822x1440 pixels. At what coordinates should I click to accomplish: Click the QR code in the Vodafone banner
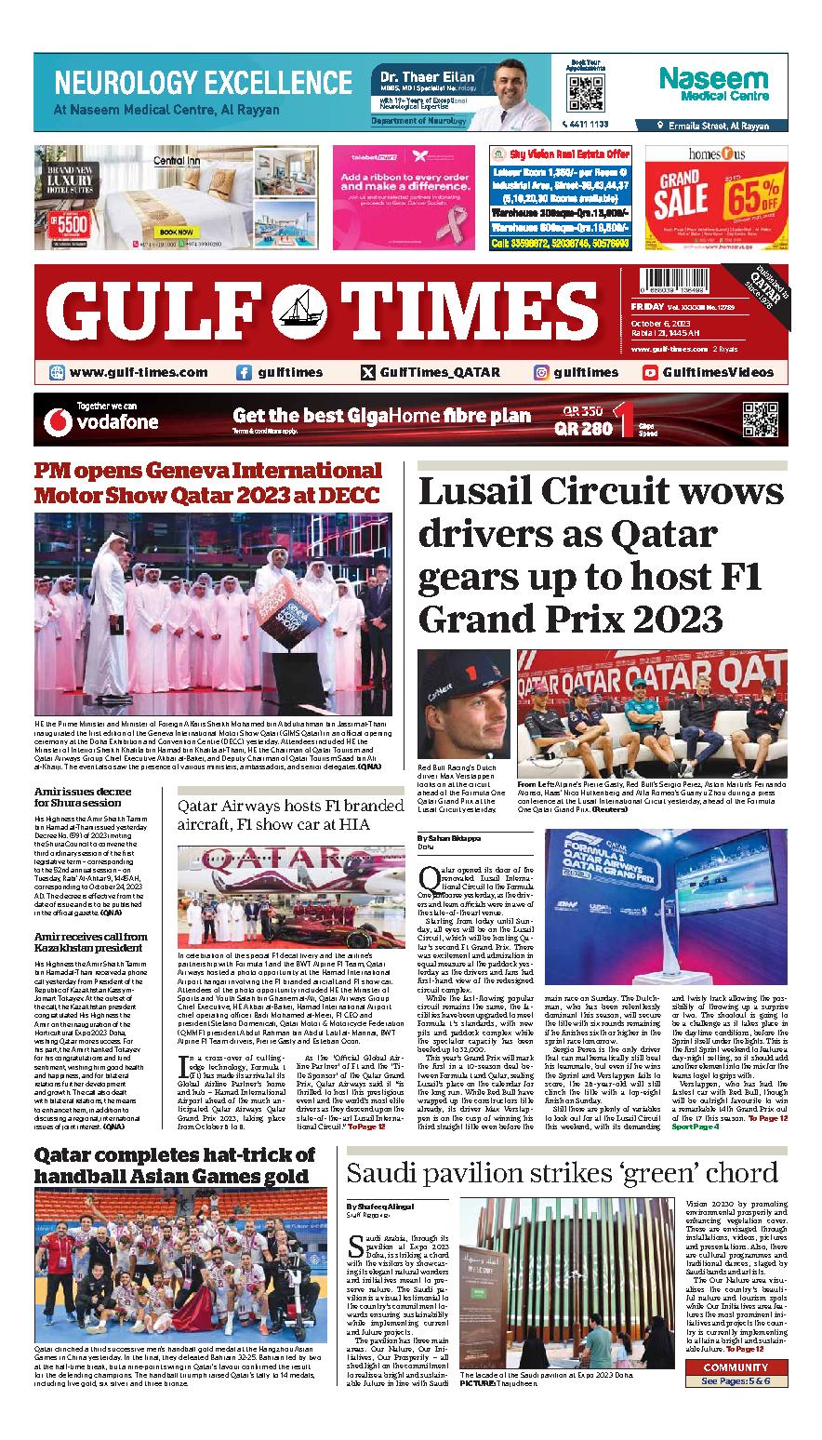(759, 419)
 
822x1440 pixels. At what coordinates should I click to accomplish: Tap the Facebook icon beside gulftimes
(244, 372)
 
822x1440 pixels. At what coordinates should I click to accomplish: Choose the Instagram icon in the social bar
(540, 372)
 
